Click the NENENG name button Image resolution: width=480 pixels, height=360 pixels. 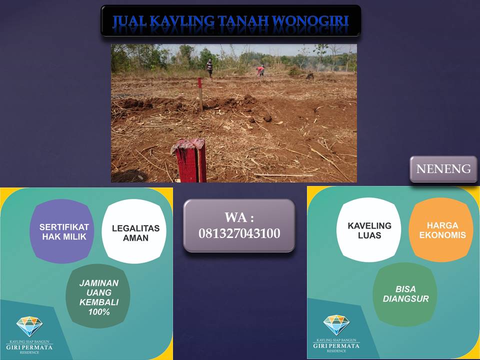(443, 169)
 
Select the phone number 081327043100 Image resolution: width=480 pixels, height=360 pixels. (239, 233)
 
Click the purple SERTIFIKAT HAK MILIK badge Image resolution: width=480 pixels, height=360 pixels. (62, 231)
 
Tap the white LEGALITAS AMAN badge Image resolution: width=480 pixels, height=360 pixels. (134, 231)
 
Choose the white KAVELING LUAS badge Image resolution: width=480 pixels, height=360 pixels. (369, 229)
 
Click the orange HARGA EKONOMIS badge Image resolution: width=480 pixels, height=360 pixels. (441, 229)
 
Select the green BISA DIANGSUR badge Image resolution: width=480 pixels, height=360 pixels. (405, 294)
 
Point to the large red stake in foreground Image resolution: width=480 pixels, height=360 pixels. (189, 160)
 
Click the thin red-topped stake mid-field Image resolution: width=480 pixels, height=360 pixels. (200, 93)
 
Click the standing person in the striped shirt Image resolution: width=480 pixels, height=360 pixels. (209, 68)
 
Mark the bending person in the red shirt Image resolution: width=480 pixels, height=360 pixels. (260, 71)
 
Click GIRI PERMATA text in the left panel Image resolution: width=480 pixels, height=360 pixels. (29, 347)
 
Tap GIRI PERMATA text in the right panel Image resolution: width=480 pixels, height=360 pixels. (336, 346)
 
